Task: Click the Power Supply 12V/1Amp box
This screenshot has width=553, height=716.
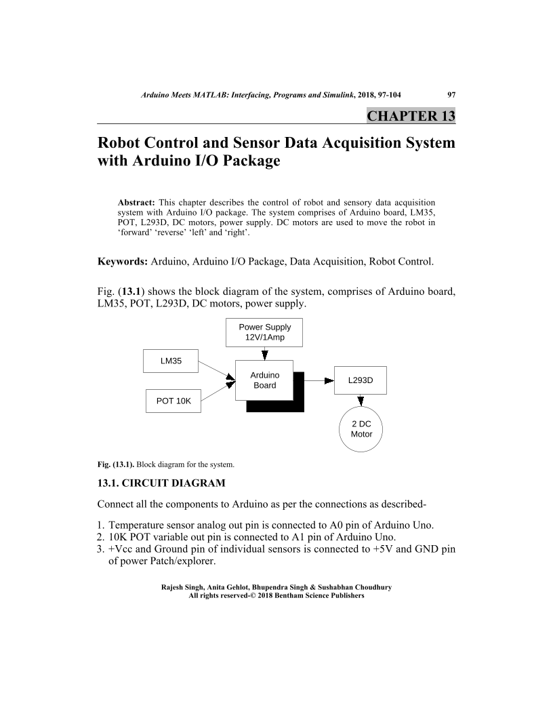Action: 264,332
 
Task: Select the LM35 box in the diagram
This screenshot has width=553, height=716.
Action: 171,361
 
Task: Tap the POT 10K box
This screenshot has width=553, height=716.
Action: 173,401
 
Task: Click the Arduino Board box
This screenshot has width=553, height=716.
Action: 264,380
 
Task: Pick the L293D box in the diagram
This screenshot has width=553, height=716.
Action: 361,380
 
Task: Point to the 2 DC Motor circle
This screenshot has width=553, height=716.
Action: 361,429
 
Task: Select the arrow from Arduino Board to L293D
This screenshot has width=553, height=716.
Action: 319,380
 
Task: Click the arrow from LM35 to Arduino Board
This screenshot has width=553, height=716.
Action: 217,371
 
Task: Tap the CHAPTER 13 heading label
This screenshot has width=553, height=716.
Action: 411,115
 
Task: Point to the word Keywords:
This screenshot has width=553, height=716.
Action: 123,260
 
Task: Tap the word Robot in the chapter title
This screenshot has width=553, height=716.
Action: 122,144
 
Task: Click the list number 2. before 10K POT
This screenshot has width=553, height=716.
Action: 102,536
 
